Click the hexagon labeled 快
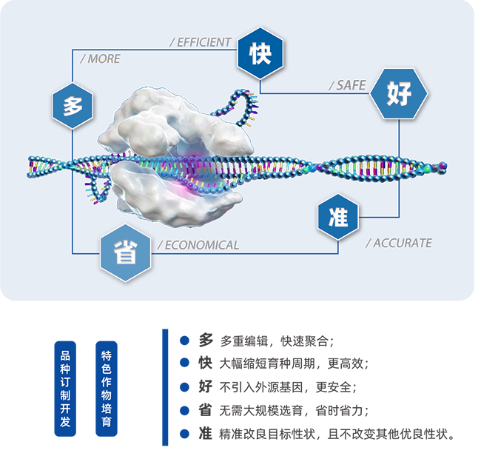[260, 53]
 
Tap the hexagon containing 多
[73, 106]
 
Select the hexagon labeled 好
[399, 93]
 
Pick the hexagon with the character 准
[338, 217]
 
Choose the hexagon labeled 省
[126, 252]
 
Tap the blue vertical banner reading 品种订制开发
[65, 389]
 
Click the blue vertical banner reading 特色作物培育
[107, 389]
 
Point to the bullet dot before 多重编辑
[184, 341]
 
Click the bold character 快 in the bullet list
[205, 363]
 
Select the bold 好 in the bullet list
[205, 386]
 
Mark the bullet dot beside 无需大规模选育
[184, 410]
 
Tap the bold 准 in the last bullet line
[205, 434]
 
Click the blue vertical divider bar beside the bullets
[165, 387]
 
